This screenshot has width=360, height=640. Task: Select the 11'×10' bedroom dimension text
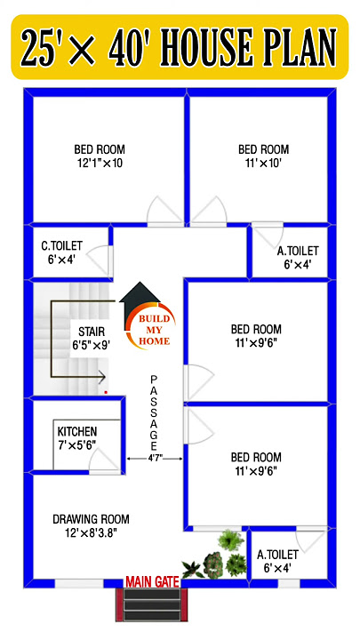(263, 164)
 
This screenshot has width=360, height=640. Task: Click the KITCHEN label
(76, 431)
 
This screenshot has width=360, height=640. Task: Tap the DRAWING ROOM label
(91, 519)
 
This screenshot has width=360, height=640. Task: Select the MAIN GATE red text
(152, 581)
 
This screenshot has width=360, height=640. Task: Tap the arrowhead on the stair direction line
(100, 376)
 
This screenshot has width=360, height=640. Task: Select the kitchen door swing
(105, 458)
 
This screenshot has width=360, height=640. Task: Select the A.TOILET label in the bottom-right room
(277, 554)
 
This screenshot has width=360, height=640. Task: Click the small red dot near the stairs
(106, 390)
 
